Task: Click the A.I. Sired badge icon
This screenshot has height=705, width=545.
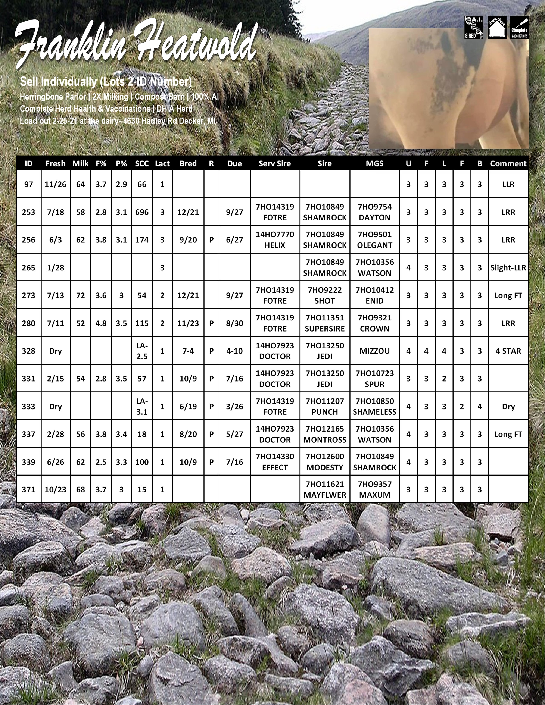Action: (474, 27)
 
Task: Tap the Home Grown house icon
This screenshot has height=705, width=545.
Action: (497, 27)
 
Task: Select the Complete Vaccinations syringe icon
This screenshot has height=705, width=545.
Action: (519, 27)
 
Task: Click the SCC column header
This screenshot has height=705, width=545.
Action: (142, 164)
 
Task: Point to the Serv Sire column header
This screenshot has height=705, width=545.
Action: (275, 164)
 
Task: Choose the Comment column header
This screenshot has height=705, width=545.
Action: (508, 164)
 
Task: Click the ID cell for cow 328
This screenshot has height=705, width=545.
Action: (28, 351)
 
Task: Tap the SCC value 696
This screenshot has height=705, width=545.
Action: (142, 212)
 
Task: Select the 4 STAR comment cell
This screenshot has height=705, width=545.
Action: (508, 351)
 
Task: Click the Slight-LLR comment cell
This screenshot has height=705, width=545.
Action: (508, 268)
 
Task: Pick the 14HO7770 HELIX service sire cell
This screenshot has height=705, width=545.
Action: (275, 240)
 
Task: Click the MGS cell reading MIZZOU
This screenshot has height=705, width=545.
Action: (374, 351)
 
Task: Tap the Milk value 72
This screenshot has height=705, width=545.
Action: (80, 295)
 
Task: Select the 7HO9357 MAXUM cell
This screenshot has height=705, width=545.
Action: (374, 489)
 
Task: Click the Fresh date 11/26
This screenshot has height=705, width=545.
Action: (56, 184)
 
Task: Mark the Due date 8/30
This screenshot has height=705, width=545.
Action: (234, 323)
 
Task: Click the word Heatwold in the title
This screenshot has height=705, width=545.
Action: (197, 44)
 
